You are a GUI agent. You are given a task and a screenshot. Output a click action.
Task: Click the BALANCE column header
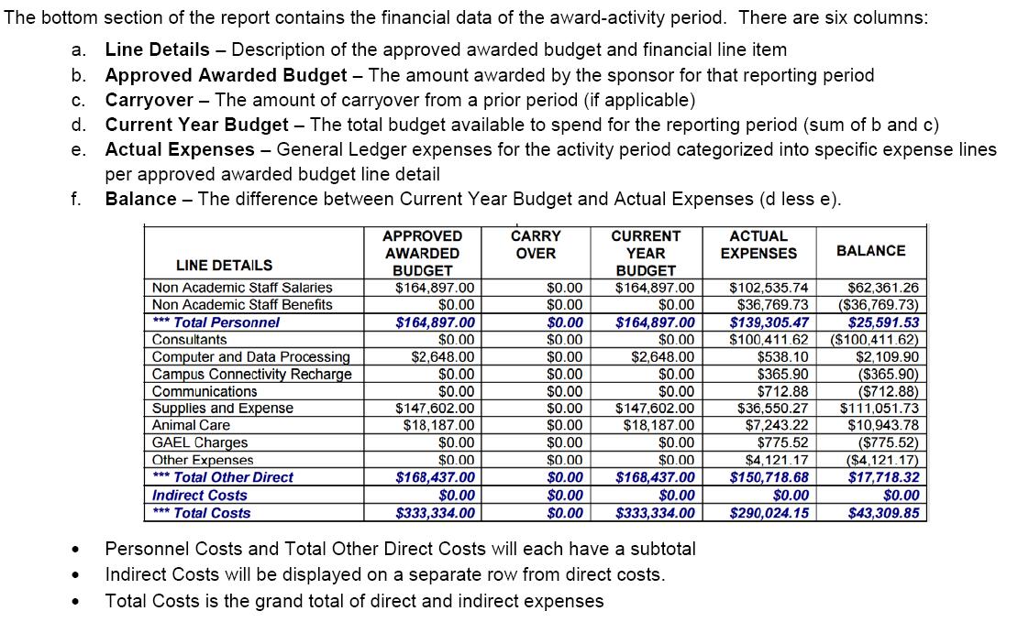(870, 251)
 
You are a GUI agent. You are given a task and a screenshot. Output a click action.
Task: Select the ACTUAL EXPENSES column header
(758, 245)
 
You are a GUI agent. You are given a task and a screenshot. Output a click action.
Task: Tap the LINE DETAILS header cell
(224, 266)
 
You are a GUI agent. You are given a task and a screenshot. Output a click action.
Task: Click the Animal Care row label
(191, 426)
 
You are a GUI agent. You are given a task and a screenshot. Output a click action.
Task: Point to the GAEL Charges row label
(200, 443)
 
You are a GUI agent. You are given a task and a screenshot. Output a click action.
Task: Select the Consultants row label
(190, 340)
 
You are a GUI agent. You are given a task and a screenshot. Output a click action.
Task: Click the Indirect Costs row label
(200, 496)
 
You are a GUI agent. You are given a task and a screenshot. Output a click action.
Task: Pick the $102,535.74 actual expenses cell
(769, 288)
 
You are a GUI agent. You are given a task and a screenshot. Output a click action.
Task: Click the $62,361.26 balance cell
(883, 288)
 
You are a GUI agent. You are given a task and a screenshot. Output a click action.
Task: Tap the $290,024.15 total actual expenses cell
(768, 513)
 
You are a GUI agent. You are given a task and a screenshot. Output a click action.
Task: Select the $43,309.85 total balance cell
(883, 513)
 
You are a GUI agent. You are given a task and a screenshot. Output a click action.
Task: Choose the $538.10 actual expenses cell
(782, 357)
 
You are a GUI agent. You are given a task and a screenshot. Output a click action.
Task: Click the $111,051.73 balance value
(879, 409)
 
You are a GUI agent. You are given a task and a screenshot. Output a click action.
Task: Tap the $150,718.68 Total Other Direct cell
(769, 478)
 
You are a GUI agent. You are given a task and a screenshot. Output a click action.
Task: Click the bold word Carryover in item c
(149, 100)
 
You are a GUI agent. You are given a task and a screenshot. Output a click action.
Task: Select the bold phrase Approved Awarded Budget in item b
(226, 75)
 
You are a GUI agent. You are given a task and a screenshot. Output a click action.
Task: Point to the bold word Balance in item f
(140, 199)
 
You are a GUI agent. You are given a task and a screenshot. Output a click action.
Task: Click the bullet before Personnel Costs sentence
(72, 550)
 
